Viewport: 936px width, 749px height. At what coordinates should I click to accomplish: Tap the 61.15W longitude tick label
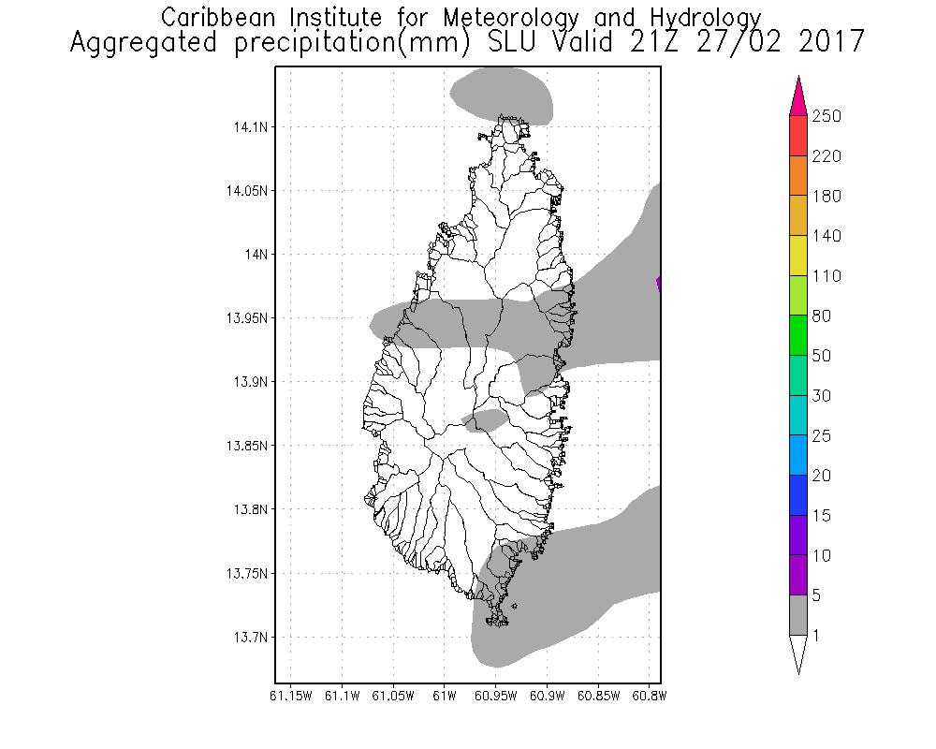[x=290, y=696]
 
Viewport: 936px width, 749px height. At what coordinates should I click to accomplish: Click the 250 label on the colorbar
[x=826, y=116]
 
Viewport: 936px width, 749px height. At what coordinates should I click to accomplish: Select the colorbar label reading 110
[x=826, y=276]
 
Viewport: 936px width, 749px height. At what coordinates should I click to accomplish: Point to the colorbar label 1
[x=817, y=636]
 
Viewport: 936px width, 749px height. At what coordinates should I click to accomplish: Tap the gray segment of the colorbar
[x=797, y=615]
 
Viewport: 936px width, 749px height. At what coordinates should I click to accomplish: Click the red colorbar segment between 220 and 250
[x=797, y=136]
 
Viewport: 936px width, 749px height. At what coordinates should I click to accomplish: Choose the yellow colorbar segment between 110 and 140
[x=797, y=256]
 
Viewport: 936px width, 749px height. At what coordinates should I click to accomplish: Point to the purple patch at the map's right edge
[x=659, y=283]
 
